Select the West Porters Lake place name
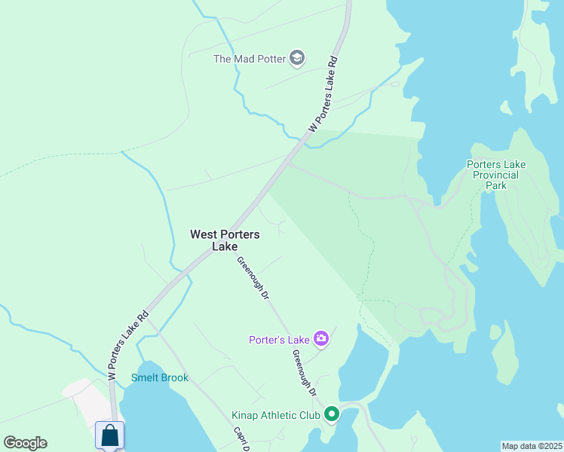pos(225,240)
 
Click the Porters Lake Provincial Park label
pos(496,175)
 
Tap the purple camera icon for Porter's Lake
pos(322,339)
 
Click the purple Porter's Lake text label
pos(280,340)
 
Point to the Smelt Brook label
pos(160,377)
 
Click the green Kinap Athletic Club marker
pos(331,414)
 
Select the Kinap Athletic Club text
pos(277,414)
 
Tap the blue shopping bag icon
pos(110,435)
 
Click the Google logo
pos(25,443)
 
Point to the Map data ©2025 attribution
pos(532,446)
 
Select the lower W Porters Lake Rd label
pos(127,344)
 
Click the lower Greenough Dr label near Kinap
pos(304,373)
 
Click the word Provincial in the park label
pos(496,175)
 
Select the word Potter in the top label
pos(271,58)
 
